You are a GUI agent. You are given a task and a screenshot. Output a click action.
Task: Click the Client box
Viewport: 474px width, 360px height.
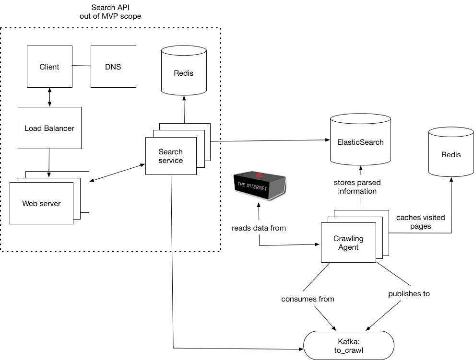click(x=49, y=67)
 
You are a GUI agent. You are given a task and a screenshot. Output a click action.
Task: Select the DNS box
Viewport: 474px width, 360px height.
click(x=113, y=67)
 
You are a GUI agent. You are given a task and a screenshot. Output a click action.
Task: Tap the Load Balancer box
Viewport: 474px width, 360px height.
click(x=49, y=128)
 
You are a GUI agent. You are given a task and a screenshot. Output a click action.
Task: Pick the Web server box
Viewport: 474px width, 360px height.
click(x=41, y=203)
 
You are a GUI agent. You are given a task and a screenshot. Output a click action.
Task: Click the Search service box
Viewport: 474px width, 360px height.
click(x=171, y=156)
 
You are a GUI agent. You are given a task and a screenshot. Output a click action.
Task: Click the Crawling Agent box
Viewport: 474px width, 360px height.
click(x=348, y=243)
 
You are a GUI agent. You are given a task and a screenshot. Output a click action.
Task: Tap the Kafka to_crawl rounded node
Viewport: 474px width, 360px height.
click(x=349, y=345)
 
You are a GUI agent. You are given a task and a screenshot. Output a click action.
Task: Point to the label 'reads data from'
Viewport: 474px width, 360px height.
click(x=259, y=228)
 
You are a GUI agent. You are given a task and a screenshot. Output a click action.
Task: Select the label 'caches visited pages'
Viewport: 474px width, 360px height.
click(x=420, y=221)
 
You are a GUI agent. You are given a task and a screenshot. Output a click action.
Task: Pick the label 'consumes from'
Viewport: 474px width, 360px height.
click(x=308, y=299)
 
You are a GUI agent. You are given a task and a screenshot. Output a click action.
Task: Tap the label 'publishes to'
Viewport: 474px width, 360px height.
click(x=409, y=294)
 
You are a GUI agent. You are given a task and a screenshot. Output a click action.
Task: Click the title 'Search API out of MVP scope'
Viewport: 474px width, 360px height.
click(x=110, y=12)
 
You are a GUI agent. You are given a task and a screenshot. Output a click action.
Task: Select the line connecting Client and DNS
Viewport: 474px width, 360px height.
click(x=82, y=66)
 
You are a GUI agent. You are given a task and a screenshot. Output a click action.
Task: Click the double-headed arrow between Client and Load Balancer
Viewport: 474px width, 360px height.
click(x=49, y=98)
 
